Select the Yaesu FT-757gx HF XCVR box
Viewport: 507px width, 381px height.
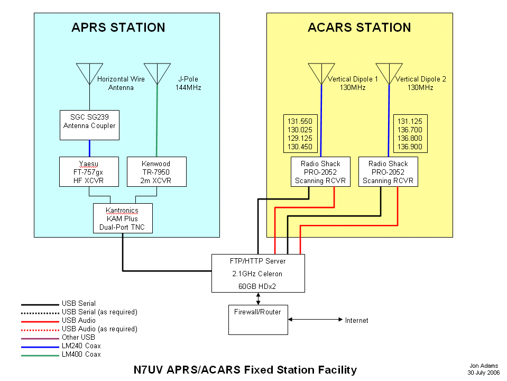tap(89, 172)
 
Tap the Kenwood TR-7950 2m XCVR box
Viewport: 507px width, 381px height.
tap(156, 172)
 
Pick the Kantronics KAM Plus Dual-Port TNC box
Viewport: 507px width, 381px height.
tap(123, 219)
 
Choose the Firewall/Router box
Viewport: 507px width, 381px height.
tap(258, 320)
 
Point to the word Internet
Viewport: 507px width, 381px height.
tap(356, 320)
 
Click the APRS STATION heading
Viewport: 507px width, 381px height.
tap(118, 28)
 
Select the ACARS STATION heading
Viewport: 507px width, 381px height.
tap(359, 28)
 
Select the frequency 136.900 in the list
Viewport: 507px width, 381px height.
tap(410, 147)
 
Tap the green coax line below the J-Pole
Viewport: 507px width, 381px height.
tap(157, 122)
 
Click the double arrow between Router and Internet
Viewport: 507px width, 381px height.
tap(315, 320)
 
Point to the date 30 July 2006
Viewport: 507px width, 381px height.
tap(483, 372)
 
